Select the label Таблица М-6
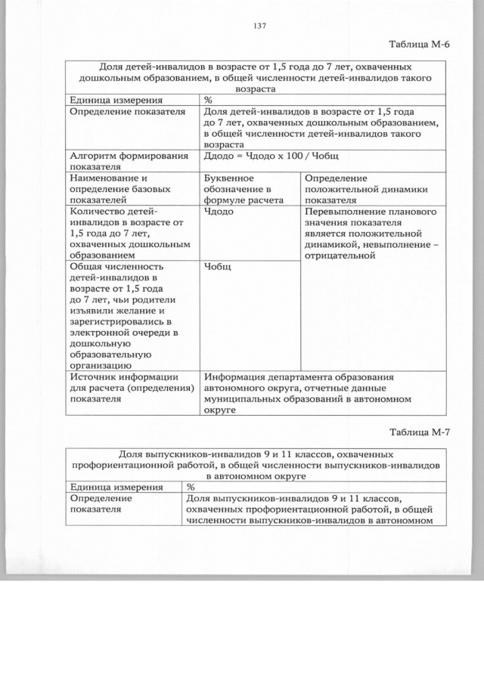pyautogui.click(x=419, y=44)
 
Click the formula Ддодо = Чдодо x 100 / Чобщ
pyautogui.click(x=275, y=156)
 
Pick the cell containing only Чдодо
pyautogui.click(x=219, y=212)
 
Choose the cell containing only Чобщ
pyautogui.click(x=218, y=267)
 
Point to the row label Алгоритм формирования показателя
pyautogui.click(x=128, y=162)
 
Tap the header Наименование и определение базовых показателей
pyautogui.click(x=119, y=188)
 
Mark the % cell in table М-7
pyautogui.click(x=191, y=487)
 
